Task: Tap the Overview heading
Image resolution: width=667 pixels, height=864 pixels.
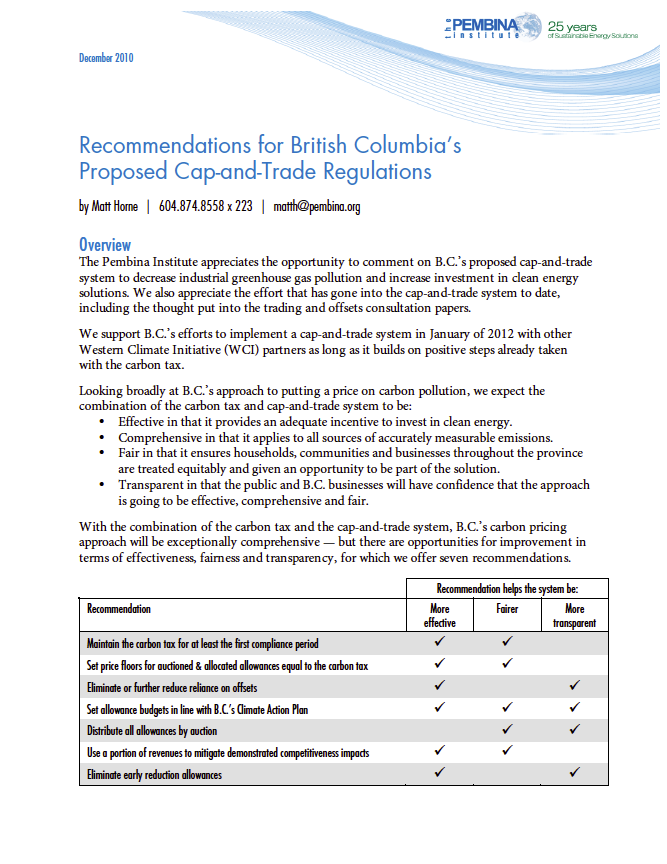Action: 105,245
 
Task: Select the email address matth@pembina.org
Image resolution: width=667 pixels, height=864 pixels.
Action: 317,207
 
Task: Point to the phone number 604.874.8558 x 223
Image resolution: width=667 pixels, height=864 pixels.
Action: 205,207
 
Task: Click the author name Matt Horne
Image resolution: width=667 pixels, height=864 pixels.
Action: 112,207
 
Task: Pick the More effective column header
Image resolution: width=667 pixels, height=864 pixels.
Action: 439,615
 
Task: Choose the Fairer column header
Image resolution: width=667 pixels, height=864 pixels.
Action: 507,608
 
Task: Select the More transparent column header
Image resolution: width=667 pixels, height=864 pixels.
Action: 574,615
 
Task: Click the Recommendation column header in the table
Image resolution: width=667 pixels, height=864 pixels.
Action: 119,608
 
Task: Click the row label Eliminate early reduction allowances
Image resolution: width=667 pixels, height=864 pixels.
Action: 154,774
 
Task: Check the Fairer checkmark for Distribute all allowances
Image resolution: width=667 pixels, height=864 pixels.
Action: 507,730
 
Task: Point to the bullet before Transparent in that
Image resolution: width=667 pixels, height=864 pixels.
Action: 107,485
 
